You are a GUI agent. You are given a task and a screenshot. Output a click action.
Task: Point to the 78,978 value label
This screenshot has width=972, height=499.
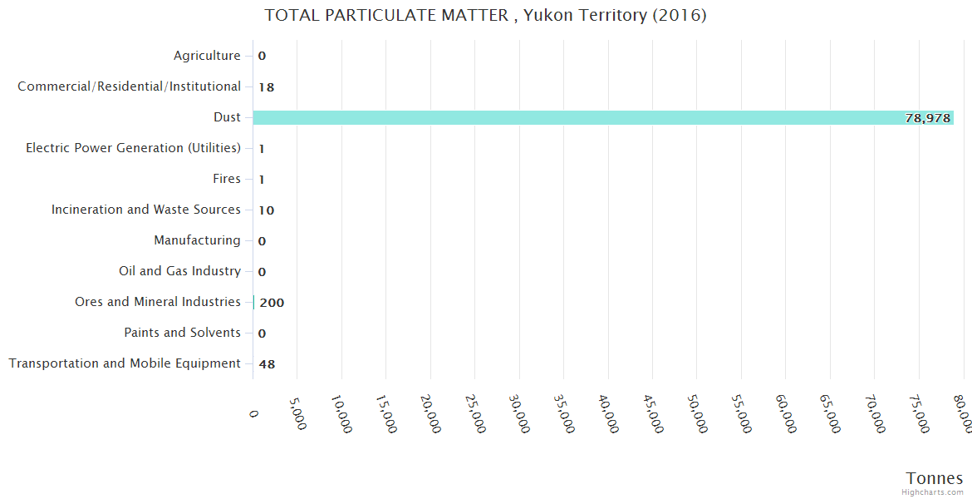[x=927, y=118]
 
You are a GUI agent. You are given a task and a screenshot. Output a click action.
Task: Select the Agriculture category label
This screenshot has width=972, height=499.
[x=207, y=56]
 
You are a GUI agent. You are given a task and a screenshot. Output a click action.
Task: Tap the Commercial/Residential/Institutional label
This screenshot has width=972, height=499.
[x=129, y=86]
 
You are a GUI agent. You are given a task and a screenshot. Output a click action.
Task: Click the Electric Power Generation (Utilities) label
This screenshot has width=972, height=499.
[x=133, y=148]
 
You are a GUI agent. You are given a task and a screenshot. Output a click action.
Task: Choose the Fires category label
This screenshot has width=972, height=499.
[x=227, y=179]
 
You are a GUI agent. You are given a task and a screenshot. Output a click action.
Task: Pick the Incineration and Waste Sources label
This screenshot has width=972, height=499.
[x=146, y=210]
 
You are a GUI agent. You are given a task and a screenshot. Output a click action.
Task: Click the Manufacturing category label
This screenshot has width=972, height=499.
[x=197, y=240]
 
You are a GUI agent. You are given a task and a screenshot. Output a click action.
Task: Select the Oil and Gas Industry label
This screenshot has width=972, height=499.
[x=179, y=271]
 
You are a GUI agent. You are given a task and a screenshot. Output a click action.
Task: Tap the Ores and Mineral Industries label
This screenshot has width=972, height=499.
[x=158, y=302]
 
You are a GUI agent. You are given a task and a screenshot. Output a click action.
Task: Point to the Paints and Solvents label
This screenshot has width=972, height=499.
[x=182, y=333]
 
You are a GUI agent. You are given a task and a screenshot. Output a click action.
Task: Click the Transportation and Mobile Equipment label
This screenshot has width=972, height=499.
[x=125, y=363]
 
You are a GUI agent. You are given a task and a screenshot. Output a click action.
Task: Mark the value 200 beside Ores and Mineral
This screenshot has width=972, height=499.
[x=272, y=303]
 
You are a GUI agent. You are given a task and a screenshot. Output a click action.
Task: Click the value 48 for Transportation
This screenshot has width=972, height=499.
[x=267, y=364]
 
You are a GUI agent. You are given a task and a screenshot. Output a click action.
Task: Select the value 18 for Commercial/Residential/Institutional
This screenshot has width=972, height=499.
[x=267, y=87]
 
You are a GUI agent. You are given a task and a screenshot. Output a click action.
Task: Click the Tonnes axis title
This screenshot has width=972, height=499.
[x=935, y=478]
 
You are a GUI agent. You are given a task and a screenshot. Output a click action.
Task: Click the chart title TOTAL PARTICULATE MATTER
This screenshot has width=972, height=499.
[x=485, y=15]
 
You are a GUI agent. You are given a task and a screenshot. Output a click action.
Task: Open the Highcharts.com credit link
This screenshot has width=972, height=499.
[x=933, y=492]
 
